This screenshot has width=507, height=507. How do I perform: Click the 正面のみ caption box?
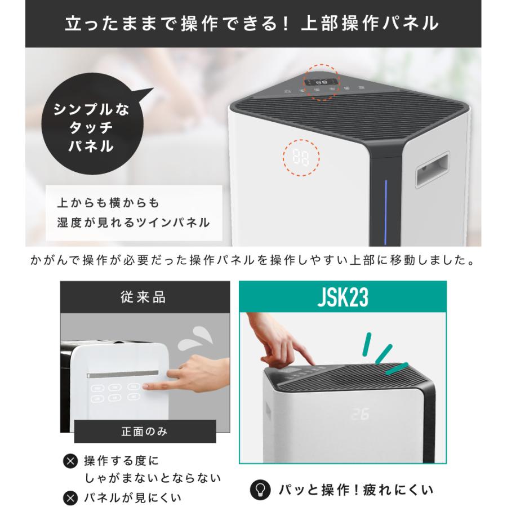(x=144, y=433)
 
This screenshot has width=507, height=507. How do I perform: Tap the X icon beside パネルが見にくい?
(x=70, y=498)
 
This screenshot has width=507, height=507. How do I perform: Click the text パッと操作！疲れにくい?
(x=357, y=488)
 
